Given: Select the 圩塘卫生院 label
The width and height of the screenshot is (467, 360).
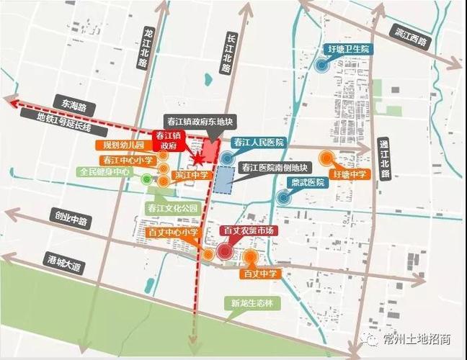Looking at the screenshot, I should [349, 49].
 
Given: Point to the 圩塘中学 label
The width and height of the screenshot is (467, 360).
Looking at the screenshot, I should [348, 174].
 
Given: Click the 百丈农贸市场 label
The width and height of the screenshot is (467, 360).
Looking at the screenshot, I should [249, 231].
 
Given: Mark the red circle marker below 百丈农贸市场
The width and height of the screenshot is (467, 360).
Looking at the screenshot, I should [225, 251].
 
